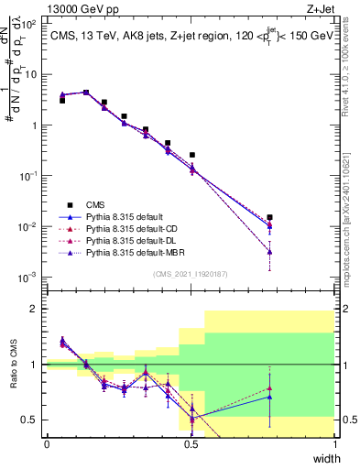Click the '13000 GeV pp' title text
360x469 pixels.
tap(87, 11)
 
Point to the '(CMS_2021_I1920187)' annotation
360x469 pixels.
tap(191, 273)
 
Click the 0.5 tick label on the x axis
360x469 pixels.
tap(191, 444)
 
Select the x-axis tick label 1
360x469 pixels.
tap(334, 444)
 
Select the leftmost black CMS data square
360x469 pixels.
tap(62, 101)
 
